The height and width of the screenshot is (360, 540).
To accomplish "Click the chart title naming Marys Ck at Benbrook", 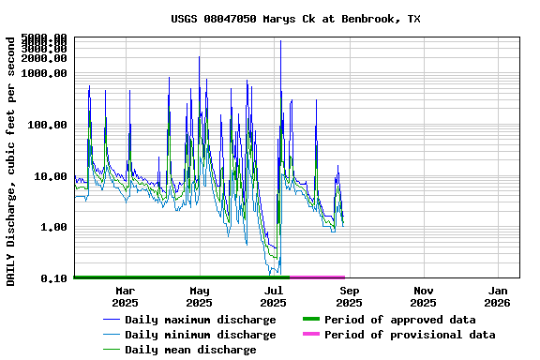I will coord(295,19).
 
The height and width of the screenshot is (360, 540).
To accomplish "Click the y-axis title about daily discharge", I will coord(11,161).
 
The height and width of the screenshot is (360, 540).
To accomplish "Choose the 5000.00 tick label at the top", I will coord(46,38).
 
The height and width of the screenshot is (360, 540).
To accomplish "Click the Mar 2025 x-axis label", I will coord(125,296).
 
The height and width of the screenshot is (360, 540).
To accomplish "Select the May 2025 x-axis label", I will coord(199,296).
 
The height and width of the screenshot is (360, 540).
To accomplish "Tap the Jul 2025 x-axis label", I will coord(274,296).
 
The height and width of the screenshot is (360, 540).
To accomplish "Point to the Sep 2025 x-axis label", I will coord(349,296).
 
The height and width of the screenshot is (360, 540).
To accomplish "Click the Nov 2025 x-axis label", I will coord(423,296).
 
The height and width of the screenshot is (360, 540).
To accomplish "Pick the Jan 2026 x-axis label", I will coord(497,296).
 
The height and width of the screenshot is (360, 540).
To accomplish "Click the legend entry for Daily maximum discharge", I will coord(200,320).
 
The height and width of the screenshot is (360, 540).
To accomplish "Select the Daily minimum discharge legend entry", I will coord(200,335).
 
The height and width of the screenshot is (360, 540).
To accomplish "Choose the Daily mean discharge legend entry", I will coord(190,350).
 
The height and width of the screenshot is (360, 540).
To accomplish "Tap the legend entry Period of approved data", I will coord(399,320).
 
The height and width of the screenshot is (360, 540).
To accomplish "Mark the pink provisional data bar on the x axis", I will coord(318,277).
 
